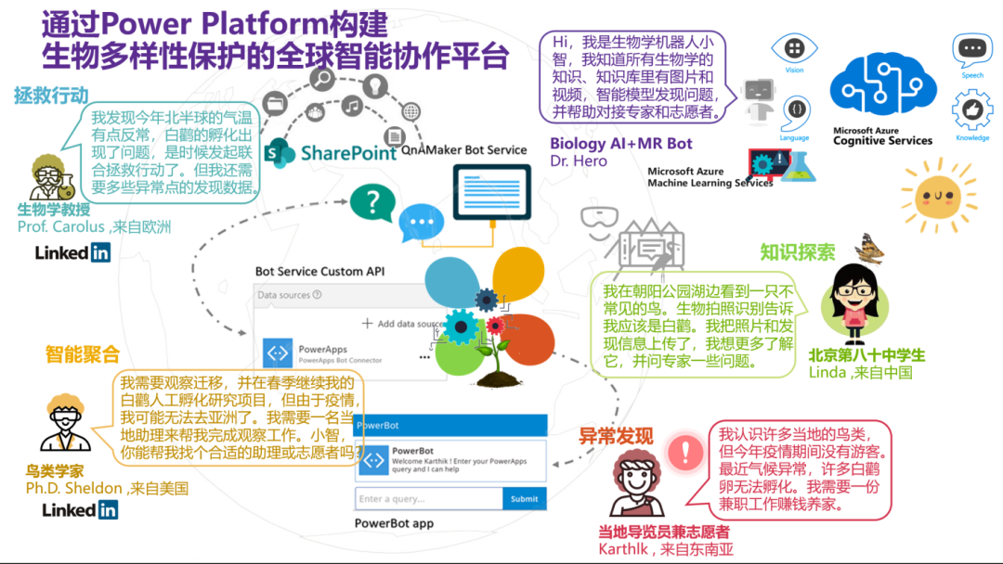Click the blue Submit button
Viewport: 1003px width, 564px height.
tap(524, 499)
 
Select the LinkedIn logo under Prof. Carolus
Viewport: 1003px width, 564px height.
tap(72, 252)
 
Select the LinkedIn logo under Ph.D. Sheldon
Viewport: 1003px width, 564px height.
tap(80, 509)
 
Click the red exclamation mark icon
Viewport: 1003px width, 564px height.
tap(686, 452)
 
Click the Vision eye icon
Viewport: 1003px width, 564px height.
tap(794, 47)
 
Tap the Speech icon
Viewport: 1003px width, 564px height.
tap(971, 49)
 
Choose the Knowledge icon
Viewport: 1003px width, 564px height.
tap(971, 109)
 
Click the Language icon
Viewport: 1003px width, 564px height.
tap(795, 110)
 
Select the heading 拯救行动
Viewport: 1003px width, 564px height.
tap(51, 96)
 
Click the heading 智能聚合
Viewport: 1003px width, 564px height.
tap(83, 353)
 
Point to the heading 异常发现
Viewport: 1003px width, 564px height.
tap(616, 437)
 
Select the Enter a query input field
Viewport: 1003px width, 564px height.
tap(428, 499)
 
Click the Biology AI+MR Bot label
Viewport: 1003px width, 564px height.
tap(621, 144)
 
